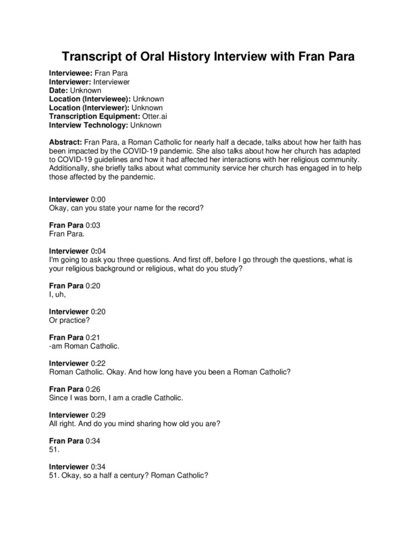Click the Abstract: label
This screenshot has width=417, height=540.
tap(67, 143)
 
